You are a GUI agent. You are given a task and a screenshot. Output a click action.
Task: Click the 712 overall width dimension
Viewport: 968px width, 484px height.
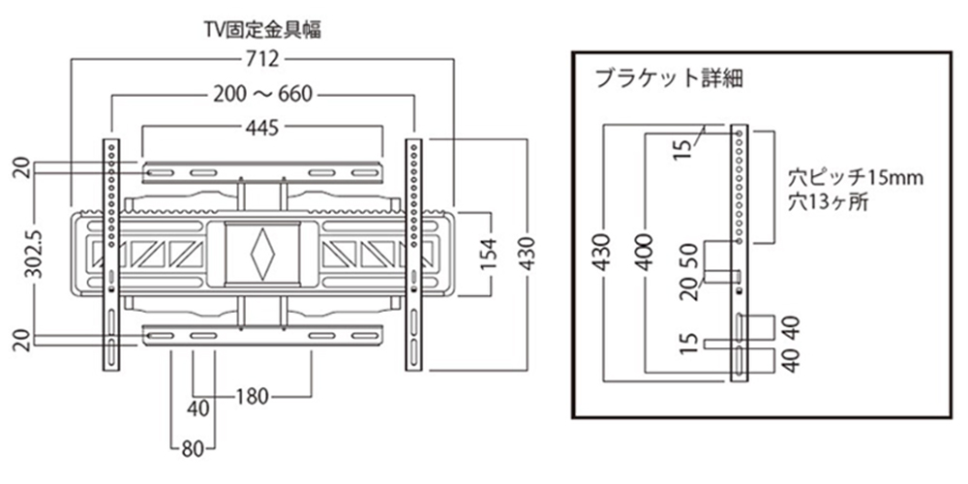262,60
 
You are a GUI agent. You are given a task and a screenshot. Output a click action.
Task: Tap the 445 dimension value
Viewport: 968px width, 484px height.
261,127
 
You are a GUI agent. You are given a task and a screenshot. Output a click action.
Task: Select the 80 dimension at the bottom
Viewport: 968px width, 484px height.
192,447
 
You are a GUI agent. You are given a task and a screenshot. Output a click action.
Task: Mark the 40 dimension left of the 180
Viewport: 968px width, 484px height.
198,408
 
